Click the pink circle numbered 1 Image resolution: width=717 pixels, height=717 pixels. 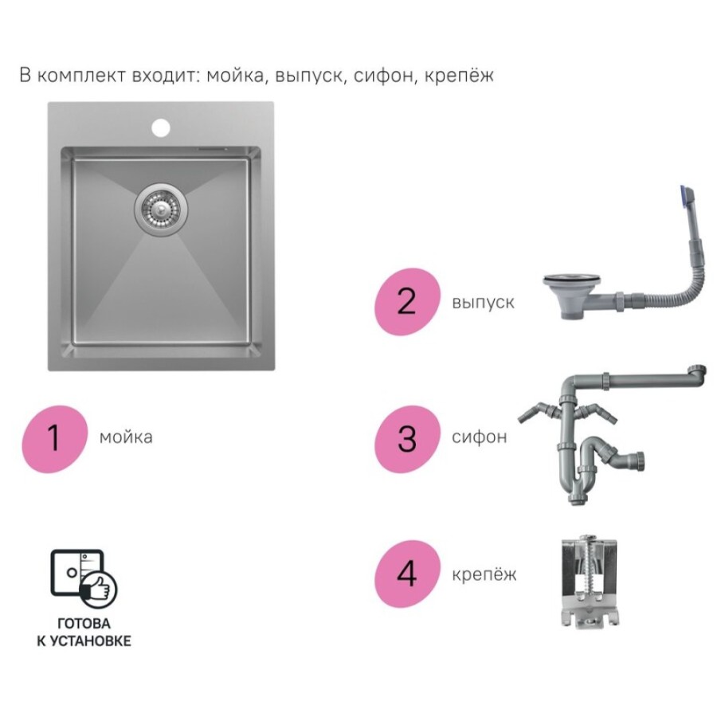click(54, 438)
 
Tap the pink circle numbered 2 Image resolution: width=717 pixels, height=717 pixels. click(407, 301)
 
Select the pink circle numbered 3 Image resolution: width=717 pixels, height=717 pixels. click(407, 438)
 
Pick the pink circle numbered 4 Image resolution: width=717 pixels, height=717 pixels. click(407, 574)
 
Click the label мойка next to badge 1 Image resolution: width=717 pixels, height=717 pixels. click(126, 437)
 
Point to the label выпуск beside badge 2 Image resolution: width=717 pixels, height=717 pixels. click(483, 302)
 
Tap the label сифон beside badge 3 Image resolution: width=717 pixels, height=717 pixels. click(480, 437)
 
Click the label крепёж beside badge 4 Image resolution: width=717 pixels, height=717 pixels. click(484, 574)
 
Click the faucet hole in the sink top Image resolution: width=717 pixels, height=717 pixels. click(161, 128)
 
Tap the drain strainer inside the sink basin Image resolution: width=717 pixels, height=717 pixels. click(161, 210)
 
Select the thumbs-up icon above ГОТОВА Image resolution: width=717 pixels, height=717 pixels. click(98, 588)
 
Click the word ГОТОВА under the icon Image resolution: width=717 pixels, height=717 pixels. click(84, 623)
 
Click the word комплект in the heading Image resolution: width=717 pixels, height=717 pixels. click(81, 76)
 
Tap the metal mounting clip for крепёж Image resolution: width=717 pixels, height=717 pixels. click(590, 582)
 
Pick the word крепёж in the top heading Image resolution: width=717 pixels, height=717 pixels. click(459, 75)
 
